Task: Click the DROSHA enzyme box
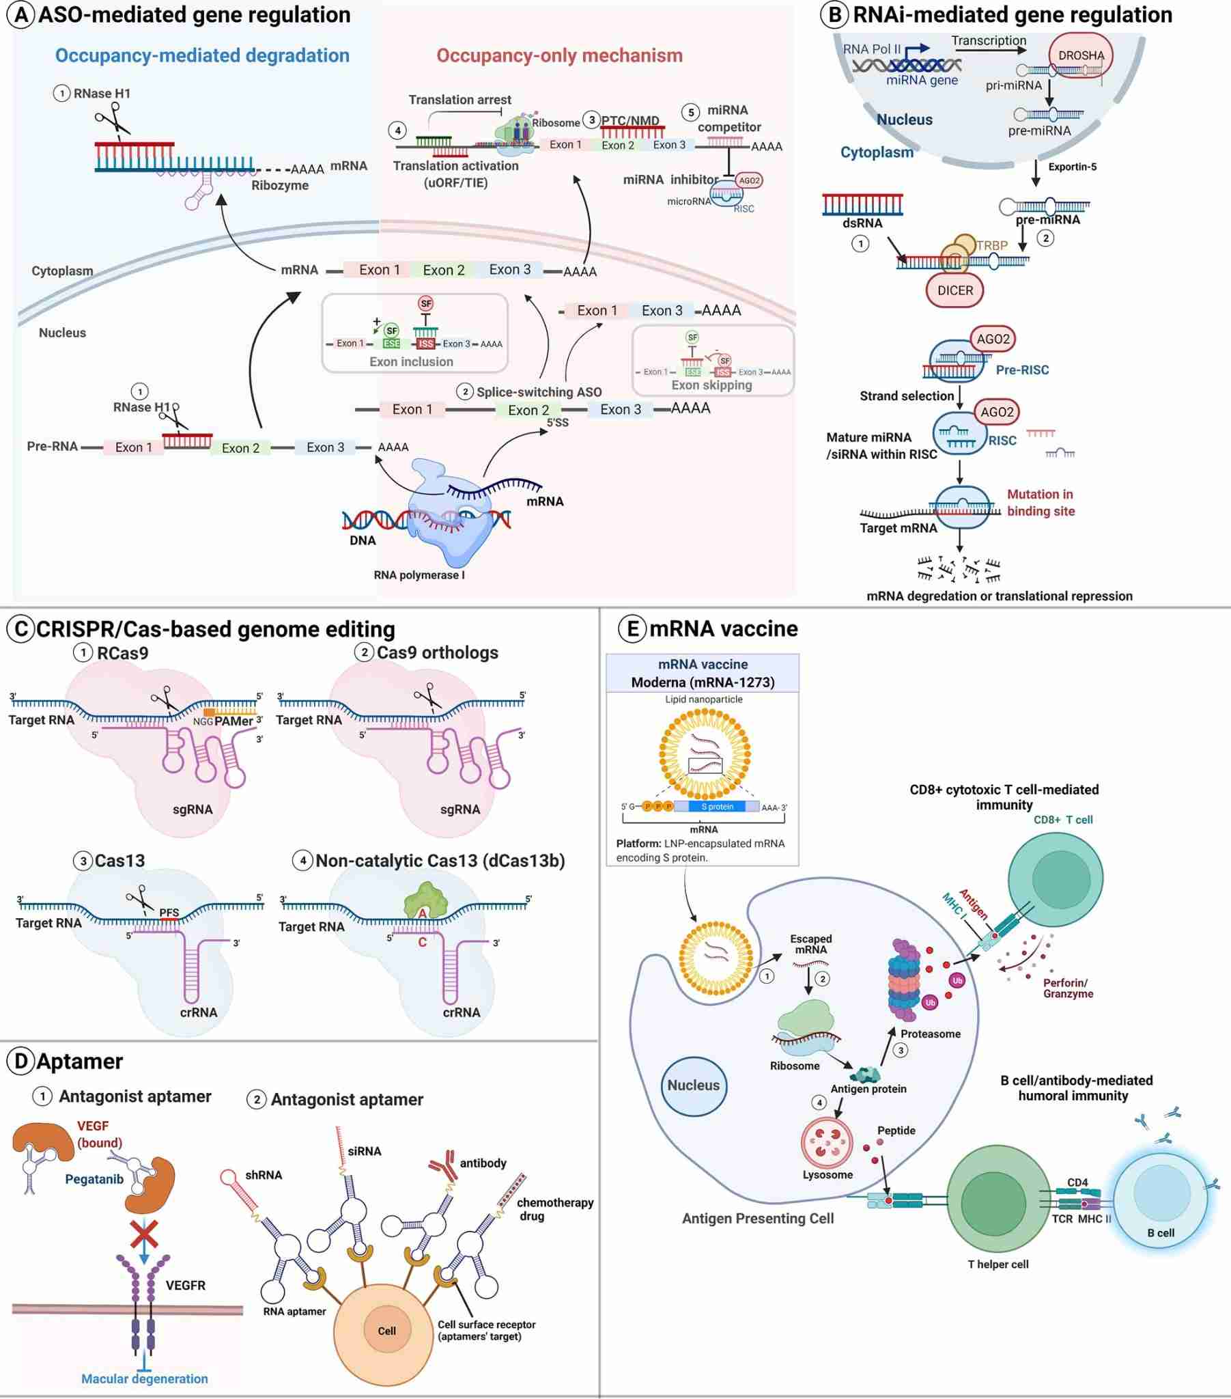click(x=1081, y=55)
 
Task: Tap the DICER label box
click(x=954, y=290)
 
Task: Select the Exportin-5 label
click(x=1071, y=167)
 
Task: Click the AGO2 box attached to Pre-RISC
click(x=993, y=339)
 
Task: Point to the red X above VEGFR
click(x=143, y=1234)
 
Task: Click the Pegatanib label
click(x=94, y=1179)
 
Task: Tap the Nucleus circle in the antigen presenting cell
click(x=693, y=1085)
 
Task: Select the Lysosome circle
click(x=827, y=1141)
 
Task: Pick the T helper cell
click(x=997, y=1202)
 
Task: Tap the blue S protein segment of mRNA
click(x=716, y=807)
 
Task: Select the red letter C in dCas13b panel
click(x=422, y=943)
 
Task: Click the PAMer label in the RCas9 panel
click(x=234, y=721)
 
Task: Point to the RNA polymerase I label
click(x=419, y=575)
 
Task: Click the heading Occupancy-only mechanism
click(x=559, y=55)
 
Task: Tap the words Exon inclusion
click(x=411, y=361)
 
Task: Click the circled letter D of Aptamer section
click(x=21, y=1061)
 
